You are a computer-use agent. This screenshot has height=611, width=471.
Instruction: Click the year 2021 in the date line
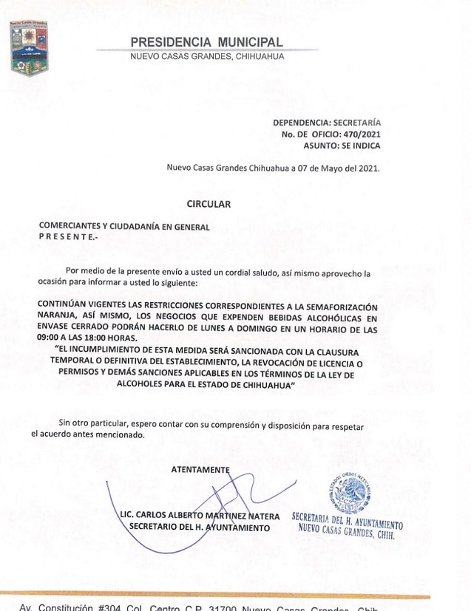367,168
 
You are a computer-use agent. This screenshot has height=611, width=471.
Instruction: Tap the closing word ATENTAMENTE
200,469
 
